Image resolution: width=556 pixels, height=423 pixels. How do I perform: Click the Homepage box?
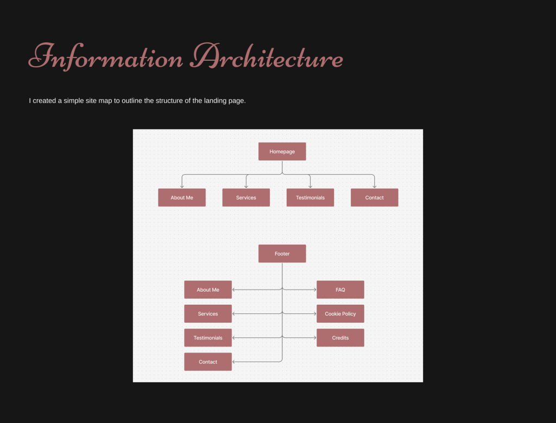(282, 151)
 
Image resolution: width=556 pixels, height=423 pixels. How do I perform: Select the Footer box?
(282, 253)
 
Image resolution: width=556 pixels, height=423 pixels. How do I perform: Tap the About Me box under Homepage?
(181, 197)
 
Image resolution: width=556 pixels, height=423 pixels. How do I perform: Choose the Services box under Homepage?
(246, 197)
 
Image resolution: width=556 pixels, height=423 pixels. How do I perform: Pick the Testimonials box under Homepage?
(310, 197)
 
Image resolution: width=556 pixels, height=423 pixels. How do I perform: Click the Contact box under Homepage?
(374, 197)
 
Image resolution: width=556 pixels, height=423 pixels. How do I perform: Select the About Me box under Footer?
(208, 290)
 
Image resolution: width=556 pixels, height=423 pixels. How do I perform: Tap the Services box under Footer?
(208, 313)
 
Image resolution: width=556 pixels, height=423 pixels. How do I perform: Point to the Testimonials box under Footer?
(208, 338)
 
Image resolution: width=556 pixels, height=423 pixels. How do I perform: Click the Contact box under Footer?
(208, 362)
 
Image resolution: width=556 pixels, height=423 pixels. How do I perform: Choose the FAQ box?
(340, 290)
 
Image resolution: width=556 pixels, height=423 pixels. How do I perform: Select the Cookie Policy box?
(340, 313)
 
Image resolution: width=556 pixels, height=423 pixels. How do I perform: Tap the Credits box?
(340, 338)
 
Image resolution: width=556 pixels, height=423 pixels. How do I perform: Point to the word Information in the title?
(106, 57)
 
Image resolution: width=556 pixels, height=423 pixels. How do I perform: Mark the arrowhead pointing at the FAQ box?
(314, 290)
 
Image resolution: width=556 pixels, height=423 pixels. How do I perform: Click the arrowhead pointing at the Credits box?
(314, 338)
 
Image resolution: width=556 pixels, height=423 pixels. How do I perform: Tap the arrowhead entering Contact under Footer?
(234, 362)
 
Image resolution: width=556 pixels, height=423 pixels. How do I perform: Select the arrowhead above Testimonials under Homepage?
(310, 186)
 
